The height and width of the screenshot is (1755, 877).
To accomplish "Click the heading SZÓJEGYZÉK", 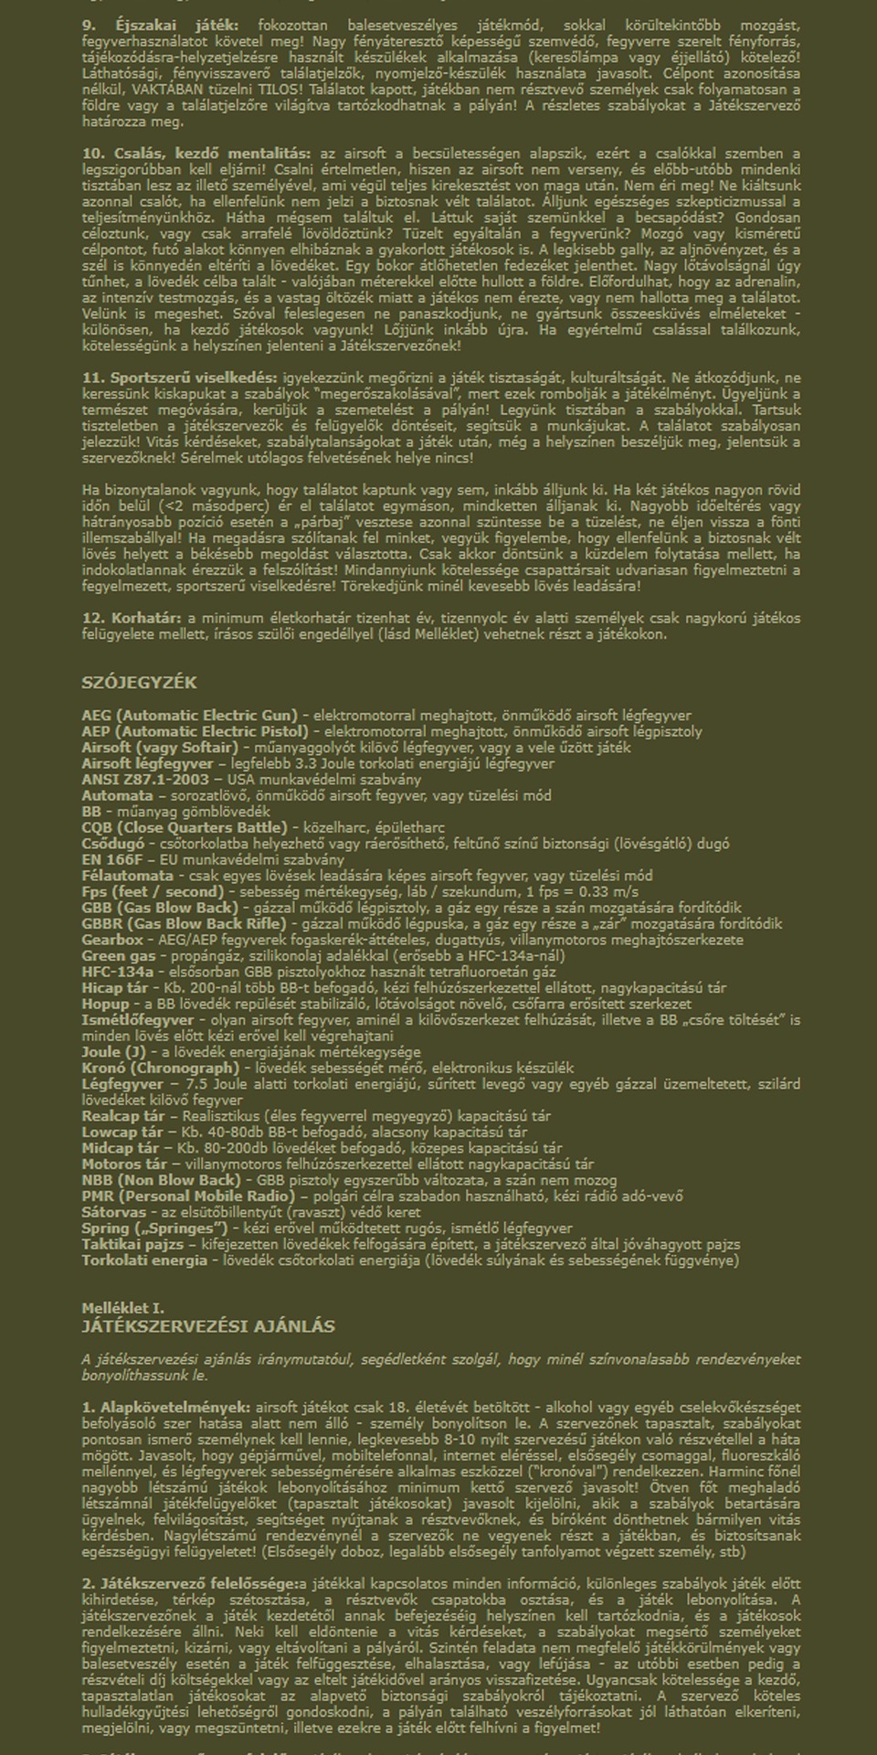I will click(x=139, y=683).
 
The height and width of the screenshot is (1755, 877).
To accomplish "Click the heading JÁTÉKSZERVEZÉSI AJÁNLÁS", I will click(x=208, y=1326).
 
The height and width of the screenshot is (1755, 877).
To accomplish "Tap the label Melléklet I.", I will click(x=122, y=1308).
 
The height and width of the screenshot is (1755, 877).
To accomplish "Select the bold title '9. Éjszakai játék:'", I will click(x=160, y=26).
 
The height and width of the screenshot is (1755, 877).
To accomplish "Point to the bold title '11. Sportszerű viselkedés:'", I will click(x=179, y=378).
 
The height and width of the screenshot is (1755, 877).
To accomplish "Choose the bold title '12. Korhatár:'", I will click(x=132, y=618).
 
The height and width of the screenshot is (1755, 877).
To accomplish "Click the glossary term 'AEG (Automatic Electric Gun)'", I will click(x=189, y=716).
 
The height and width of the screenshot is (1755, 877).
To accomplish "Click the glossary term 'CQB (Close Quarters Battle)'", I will click(x=184, y=827).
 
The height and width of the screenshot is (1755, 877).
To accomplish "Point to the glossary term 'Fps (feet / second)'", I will click(x=153, y=891).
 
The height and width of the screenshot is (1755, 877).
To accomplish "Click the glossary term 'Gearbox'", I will click(x=112, y=940).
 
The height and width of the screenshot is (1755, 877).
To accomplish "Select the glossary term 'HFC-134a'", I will click(x=118, y=972).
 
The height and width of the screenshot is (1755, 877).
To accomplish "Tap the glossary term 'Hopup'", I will click(x=105, y=1004).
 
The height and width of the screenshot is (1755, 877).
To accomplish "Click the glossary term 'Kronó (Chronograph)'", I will click(x=160, y=1068).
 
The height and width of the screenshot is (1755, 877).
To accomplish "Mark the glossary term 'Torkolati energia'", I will click(x=144, y=1260).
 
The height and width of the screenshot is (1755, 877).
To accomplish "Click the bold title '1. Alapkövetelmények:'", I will click(x=166, y=1407).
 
